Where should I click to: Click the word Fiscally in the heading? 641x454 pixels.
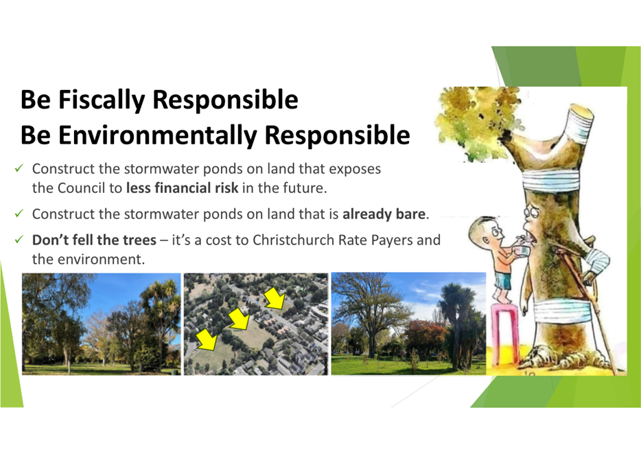pos(102,100)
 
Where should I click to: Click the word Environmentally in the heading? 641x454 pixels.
pos(158,135)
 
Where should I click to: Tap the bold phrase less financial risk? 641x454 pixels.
pos(182,188)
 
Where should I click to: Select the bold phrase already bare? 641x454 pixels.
pos(384,214)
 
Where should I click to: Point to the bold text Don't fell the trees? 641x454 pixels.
pos(94,240)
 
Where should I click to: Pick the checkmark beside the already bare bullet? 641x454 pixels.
pos(19,214)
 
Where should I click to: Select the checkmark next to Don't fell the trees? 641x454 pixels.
pos(19,239)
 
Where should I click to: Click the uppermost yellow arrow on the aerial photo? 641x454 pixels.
pos(275,298)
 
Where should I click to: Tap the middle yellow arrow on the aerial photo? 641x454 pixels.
pos(239,318)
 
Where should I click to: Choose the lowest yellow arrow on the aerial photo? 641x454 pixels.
pos(207,339)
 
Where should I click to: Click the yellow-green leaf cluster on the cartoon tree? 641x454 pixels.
pos(474,121)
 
